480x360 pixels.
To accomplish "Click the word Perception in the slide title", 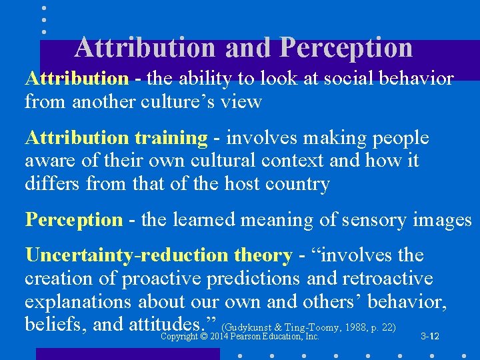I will click(x=347, y=48).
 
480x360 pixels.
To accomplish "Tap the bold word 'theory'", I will click(x=263, y=255).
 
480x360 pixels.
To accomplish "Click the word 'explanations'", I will click(x=78, y=301).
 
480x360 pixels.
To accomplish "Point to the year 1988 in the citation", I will click(x=354, y=327).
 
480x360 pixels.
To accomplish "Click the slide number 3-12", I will click(x=430, y=337).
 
